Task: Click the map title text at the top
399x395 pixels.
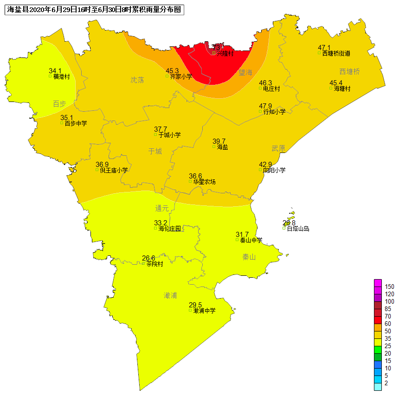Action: coord(94,9)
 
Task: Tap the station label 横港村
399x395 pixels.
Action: coord(61,76)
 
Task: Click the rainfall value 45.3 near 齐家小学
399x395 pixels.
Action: coord(172,71)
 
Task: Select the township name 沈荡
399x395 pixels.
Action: coord(137,80)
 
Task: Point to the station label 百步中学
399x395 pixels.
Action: coord(76,123)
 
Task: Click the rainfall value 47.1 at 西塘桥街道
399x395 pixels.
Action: coord(324,48)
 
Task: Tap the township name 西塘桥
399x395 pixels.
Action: coord(349,71)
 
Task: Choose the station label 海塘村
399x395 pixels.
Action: coord(342,89)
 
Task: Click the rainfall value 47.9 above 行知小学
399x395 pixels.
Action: coord(265,106)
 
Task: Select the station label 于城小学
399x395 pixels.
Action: coord(170,135)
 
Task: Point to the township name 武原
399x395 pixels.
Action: coord(278,148)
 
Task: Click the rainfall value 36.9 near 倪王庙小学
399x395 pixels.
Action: coord(102,165)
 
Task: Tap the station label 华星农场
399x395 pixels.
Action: coord(205,182)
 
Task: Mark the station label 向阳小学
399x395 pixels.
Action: coord(274,170)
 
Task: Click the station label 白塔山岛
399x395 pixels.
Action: coord(298,229)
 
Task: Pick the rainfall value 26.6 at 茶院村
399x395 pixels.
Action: coord(148,258)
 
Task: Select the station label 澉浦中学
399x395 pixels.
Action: coord(205,311)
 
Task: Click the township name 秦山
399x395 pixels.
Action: coord(249,257)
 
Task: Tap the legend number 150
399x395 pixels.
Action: coord(389,287)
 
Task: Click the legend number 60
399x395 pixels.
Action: coord(388,324)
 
